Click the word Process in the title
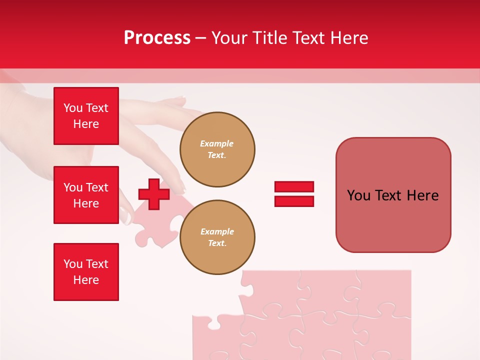click(x=157, y=38)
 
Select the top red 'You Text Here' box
click(x=86, y=116)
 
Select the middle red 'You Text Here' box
click(x=86, y=195)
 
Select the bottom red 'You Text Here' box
click(x=86, y=272)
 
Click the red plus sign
click(x=154, y=194)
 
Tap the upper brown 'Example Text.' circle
click(x=217, y=149)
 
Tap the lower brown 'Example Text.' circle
click(x=217, y=237)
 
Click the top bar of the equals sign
click(x=294, y=186)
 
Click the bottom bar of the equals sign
click(x=294, y=201)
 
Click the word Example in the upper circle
click(x=217, y=143)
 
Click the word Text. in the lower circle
click(x=217, y=243)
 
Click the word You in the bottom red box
click(x=73, y=264)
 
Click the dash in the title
click(x=200, y=38)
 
